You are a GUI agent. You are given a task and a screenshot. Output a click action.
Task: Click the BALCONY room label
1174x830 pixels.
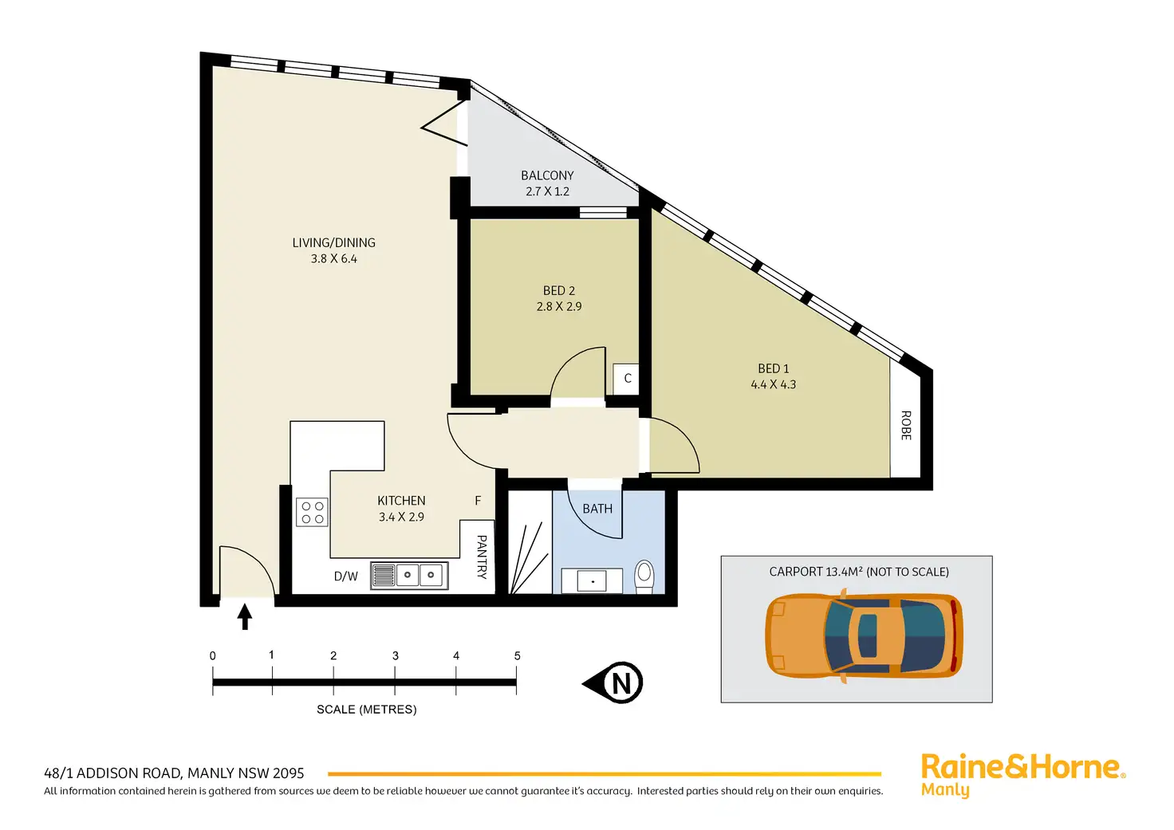pos(547,175)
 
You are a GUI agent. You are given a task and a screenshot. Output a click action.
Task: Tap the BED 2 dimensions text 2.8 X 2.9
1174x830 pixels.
pos(559,306)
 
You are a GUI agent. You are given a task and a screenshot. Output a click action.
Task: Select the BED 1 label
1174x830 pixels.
pos(773,368)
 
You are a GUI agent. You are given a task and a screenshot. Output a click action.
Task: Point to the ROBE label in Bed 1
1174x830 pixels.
pos(906,425)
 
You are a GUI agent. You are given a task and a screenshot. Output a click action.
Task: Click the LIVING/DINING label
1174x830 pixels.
pos(333,242)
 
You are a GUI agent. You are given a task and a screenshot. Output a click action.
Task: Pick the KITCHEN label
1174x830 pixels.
pos(401,501)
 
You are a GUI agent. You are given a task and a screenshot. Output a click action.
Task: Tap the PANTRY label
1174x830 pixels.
pos(481,557)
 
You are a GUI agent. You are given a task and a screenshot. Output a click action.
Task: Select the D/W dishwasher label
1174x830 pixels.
pos(346,576)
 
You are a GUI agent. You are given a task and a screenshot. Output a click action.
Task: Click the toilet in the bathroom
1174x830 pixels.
pos(644,576)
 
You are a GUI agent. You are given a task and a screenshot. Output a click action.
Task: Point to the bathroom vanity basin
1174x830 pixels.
pos(592,581)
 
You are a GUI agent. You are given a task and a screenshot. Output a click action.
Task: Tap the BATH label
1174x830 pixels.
pos(597,509)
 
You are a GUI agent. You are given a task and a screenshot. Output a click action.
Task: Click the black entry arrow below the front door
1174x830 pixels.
pos(245,616)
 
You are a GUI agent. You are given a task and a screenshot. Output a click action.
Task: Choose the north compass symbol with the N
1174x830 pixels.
pos(616,683)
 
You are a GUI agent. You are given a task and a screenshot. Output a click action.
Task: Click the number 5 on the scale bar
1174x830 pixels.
pos(517,656)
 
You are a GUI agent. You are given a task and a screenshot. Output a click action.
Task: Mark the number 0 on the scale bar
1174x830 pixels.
pos(213,656)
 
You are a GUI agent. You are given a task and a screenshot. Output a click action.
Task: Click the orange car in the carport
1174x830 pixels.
pos(864,635)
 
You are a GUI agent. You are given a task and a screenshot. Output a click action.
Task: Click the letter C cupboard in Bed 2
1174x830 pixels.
pos(628,379)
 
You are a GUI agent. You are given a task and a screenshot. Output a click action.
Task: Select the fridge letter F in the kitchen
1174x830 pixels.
pos(478,501)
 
